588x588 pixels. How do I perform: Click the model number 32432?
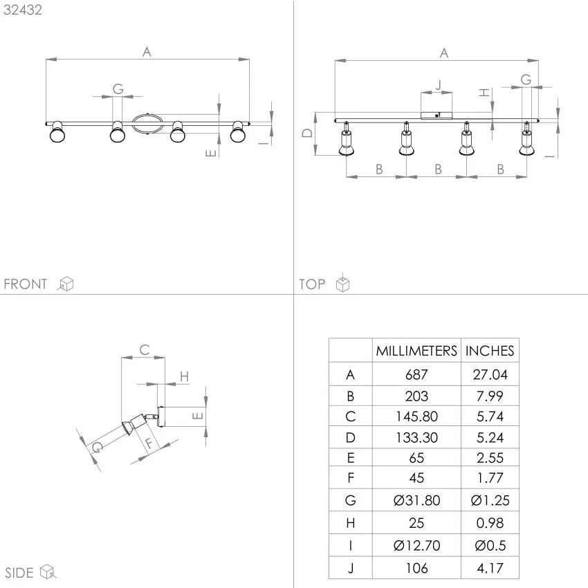click(23, 10)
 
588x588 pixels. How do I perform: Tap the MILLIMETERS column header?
click(416, 351)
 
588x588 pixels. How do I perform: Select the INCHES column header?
click(490, 351)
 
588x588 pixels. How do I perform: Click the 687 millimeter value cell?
click(416, 375)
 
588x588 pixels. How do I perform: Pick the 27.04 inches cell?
click(490, 375)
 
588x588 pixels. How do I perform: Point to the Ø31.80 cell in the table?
click(416, 500)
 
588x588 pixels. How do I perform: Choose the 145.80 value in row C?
click(416, 416)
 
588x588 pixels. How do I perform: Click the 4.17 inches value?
click(490, 568)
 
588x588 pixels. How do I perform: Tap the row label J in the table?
click(351, 569)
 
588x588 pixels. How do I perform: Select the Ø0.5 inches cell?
click(490, 546)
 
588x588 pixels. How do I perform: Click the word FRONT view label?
click(26, 284)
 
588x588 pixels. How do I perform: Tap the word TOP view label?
click(312, 284)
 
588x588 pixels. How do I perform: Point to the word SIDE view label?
click(19, 573)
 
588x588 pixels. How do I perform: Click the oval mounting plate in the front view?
click(147, 124)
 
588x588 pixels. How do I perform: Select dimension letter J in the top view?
click(439, 85)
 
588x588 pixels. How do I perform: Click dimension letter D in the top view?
click(307, 133)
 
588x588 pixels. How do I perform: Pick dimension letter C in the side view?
click(145, 350)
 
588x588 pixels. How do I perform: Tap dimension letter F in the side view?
click(149, 443)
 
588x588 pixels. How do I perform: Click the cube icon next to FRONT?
click(66, 284)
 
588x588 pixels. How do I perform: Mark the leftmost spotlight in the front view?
click(57, 132)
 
